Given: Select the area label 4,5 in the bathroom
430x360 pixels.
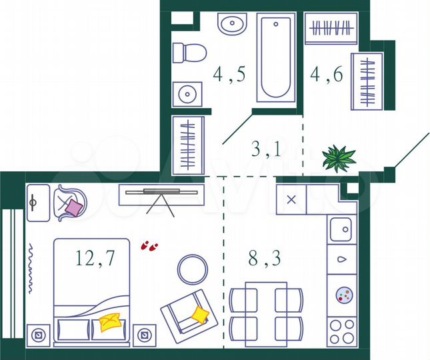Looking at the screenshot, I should pos(229,75).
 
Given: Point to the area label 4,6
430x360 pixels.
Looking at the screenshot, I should pos(327,75).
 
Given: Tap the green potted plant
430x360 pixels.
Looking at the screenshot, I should pos(338,159).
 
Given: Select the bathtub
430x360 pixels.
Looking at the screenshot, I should pos(276,59).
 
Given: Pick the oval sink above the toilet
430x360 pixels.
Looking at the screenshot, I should pos(233,26).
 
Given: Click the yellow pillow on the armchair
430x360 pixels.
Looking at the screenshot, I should pos(199,313).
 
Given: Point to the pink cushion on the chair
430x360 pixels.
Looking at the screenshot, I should pos(73,208).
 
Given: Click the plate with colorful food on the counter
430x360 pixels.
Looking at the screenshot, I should pos(343,294).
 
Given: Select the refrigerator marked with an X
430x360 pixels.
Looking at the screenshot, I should pos(291,199).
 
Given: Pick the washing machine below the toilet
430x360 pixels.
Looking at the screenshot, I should pos(187,94).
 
